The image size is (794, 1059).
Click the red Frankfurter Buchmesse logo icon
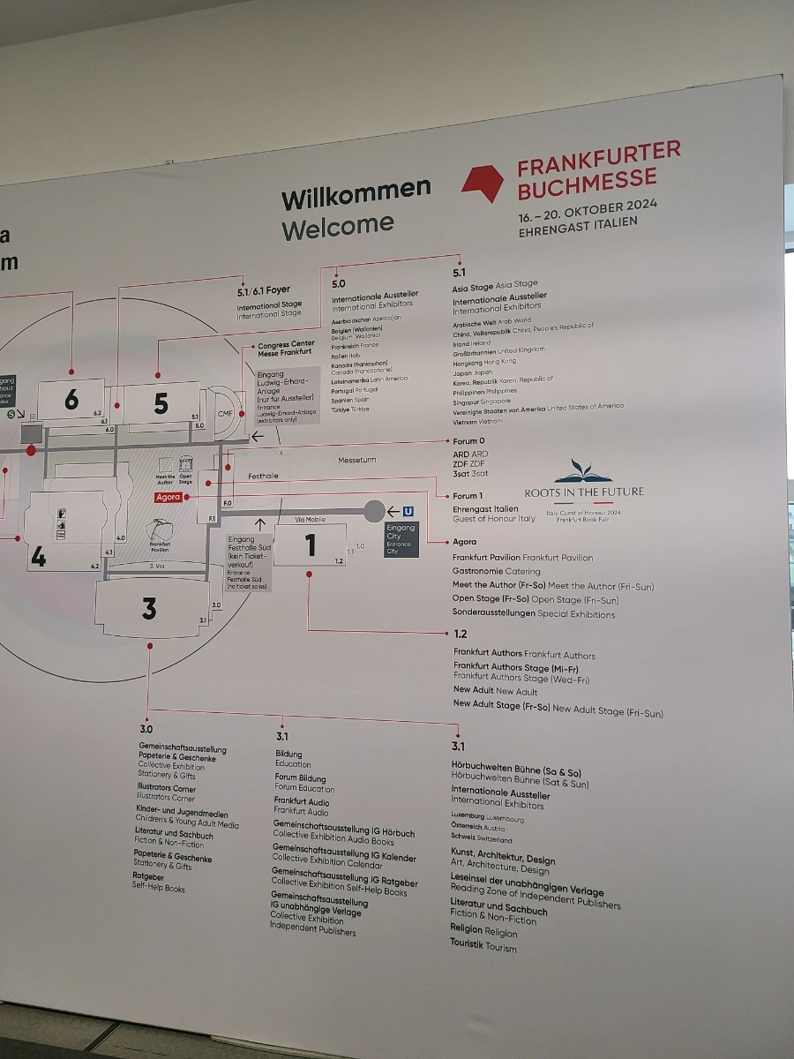tap(483, 182)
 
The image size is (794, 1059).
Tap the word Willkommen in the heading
tap(356, 192)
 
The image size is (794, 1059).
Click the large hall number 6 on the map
tap(71, 401)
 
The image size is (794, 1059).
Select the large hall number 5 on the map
tap(161, 403)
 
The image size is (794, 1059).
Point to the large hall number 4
tap(38, 558)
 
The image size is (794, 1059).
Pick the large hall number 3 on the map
tap(149, 608)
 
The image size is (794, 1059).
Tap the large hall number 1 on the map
tap(310, 546)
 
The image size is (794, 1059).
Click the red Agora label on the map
tap(168, 497)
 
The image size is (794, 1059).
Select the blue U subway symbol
tap(408, 511)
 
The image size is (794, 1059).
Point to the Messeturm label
tap(356, 460)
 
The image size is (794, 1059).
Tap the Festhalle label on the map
tap(263, 476)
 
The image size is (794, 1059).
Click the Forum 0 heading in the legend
tap(468, 441)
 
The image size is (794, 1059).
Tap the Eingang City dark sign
tap(401, 538)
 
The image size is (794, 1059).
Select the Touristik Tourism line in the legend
tap(483, 945)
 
